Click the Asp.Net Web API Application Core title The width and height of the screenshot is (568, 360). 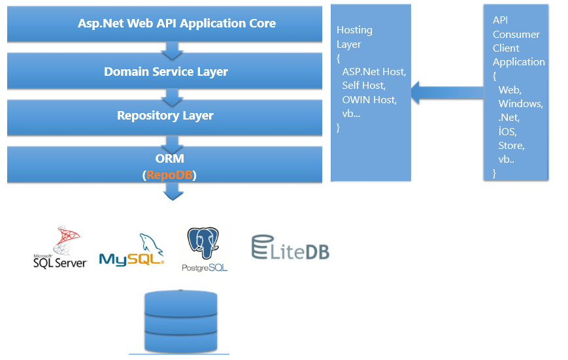[176, 24]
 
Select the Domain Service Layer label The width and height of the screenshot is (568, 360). [166, 72]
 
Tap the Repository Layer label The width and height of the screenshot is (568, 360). [165, 116]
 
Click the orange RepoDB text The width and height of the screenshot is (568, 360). [169, 175]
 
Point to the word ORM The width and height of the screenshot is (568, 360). [169, 159]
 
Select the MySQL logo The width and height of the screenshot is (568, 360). [131, 250]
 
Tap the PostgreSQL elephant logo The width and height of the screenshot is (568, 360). [205, 249]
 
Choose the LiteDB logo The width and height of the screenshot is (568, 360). [290, 248]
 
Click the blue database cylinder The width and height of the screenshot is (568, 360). [181, 321]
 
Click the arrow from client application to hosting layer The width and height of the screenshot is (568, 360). [447, 93]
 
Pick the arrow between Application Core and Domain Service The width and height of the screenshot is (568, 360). [173, 51]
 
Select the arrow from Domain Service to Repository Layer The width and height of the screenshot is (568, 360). [173, 97]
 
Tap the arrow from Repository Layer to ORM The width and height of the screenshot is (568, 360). [173, 145]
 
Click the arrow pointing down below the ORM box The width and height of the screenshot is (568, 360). [173, 191]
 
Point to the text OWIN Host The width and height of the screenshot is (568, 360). [369, 99]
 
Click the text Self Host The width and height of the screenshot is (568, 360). [364, 86]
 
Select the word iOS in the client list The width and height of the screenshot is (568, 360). [507, 131]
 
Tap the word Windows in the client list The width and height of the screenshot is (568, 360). [520, 104]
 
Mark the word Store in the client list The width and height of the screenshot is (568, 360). [512, 146]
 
